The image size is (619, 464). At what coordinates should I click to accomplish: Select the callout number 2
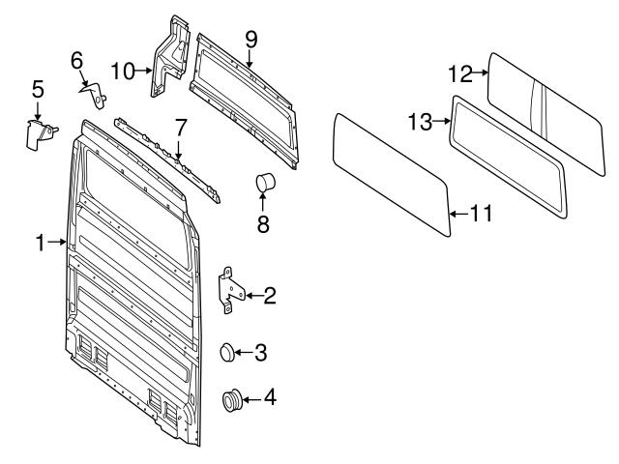(x=270, y=295)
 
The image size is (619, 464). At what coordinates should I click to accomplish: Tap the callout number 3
(x=260, y=353)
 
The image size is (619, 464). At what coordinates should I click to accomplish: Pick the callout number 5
(x=38, y=89)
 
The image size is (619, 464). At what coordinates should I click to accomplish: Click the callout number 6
(x=76, y=60)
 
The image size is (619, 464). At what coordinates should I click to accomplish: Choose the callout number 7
(x=179, y=127)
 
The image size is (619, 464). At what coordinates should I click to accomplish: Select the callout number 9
(x=251, y=40)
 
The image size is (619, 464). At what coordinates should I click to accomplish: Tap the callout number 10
(x=121, y=70)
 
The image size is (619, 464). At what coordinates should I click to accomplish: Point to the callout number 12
(x=461, y=72)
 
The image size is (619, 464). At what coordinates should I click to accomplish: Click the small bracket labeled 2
(x=229, y=289)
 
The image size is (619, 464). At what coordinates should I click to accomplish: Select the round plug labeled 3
(x=229, y=353)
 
